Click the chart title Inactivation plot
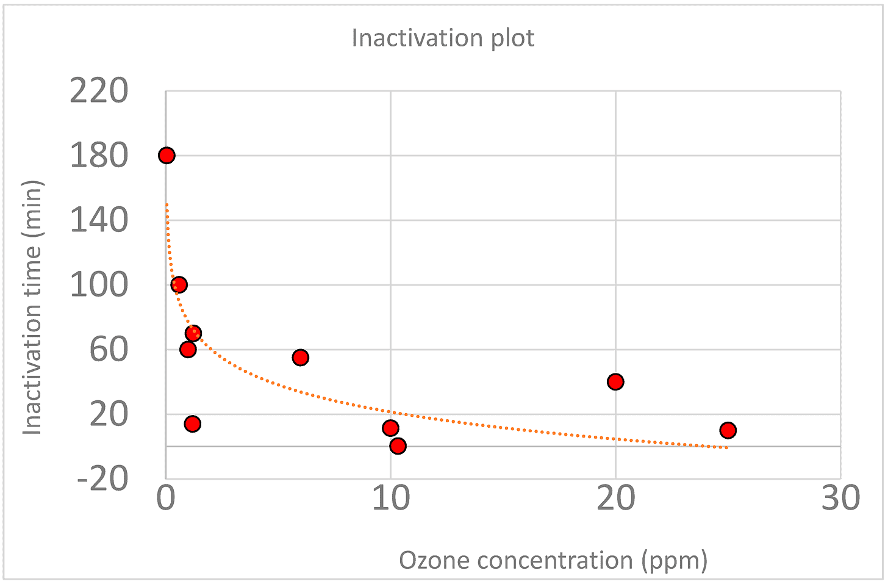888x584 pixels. (x=443, y=38)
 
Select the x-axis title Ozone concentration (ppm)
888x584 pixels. (x=553, y=560)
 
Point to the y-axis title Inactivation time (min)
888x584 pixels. (x=32, y=308)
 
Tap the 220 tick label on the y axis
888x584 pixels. (x=99, y=92)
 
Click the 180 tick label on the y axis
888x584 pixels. (x=99, y=156)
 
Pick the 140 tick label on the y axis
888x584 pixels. (x=99, y=220)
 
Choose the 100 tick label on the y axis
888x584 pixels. (x=99, y=285)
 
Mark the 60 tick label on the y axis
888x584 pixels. (x=109, y=350)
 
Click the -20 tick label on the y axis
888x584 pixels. (x=103, y=479)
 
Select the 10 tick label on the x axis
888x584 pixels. (x=390, y=499)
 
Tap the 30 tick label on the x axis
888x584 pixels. (x=840, y=499)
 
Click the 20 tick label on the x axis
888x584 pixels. (x=615, y=499)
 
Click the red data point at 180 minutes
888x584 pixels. (x=167, y=156)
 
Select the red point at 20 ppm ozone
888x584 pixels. (x=615, y=382)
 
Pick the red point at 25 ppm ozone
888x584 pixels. (x=728, y=430)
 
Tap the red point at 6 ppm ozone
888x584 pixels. (x=300, y=358)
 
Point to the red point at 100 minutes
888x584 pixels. (x=179, y=284)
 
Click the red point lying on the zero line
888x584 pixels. (x=398, y=446)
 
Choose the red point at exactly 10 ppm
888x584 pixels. (x=390, y=428)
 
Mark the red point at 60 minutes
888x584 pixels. (x=188, y=349)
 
